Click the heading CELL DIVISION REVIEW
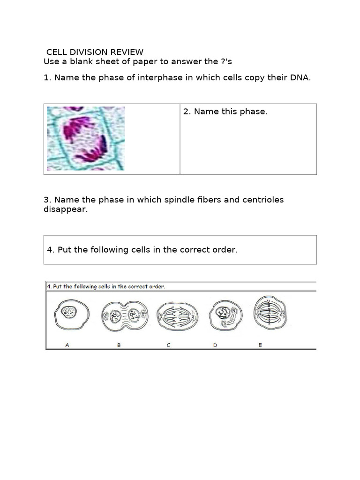point(95,52)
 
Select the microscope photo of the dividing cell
point(86,138)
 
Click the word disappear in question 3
point(65,209)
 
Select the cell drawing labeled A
point(70,315)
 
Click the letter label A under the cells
point(67,345)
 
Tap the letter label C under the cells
point(168,345)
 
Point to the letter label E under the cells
point(260,345)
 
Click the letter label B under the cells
point(119,345)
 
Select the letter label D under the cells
point(215,345)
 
